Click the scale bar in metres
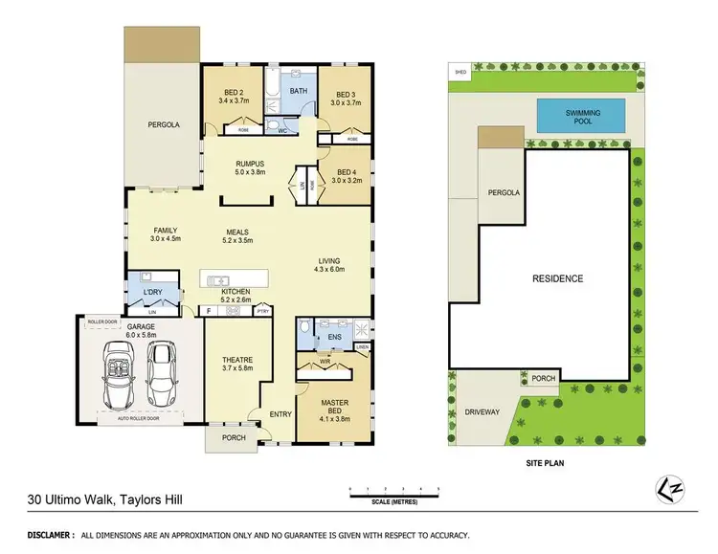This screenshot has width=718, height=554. [x=394, y=495]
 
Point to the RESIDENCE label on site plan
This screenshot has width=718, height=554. [x=557, y=278]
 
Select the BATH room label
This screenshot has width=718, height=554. [x=299, y=92]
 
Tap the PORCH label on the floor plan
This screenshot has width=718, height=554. [x=233, y=437]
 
